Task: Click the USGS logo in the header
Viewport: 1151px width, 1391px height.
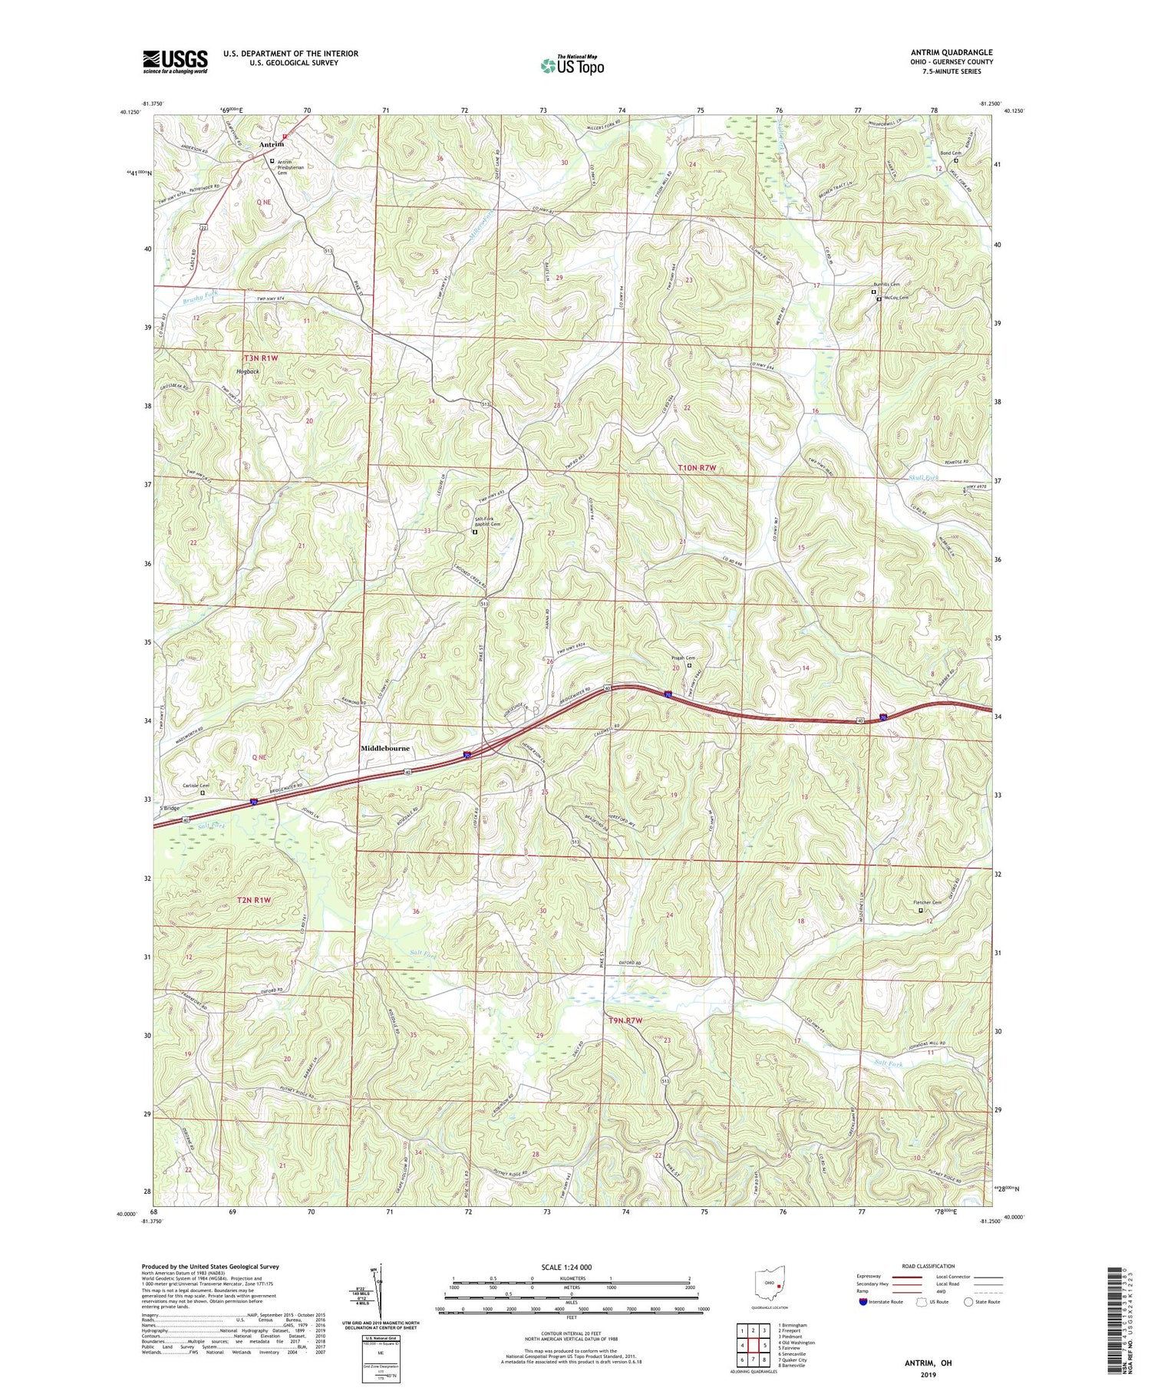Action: (175, 61)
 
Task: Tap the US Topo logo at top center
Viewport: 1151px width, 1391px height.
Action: (572, 65)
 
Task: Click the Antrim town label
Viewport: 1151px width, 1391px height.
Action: (271, 144)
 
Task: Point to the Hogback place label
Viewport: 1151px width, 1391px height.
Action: (248, 372)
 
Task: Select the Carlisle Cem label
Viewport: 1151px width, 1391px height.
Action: (196, 785)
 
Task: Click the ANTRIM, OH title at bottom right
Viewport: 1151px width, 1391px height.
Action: (928, 1363)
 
